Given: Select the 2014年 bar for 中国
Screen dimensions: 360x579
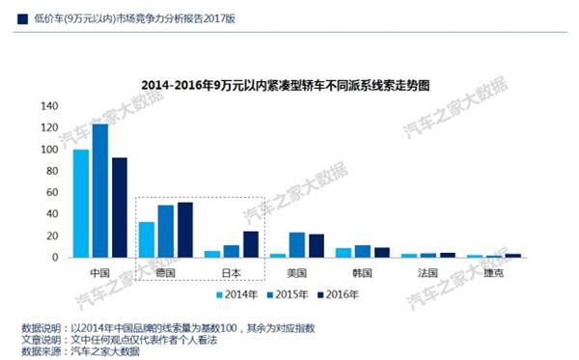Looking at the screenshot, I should tap(81, 204).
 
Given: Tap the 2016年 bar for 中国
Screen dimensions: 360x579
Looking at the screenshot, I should tap(120, 208).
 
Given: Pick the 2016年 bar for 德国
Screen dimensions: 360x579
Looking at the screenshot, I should tap(185, 230).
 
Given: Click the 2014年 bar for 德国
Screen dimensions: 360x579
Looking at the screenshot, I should tap(147, 239).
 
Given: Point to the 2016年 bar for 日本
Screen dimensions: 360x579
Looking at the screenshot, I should tap(251, 244).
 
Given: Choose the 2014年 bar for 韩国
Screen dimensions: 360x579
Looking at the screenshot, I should tap(344, 253).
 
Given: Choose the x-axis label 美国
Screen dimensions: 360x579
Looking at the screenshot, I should tap(297, 273).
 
